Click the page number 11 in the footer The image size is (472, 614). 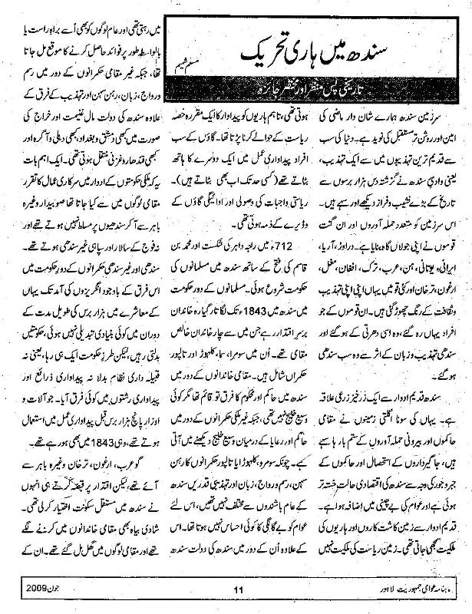[237, 589]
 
